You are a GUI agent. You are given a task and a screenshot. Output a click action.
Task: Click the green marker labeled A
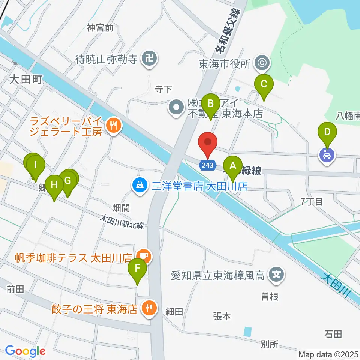[x=233, y=165]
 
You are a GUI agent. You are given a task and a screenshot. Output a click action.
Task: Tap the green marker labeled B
[x=211, y=102]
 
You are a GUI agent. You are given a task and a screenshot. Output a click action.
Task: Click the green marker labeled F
[x=137, y=268]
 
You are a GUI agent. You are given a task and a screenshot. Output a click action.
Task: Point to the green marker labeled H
[x=55, y=185]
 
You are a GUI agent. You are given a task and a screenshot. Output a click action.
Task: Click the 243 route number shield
[x=207, y=165]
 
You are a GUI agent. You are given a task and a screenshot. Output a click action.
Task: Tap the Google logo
[x=25, y=351]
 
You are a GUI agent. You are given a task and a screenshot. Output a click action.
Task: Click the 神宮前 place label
[x=100, y=28]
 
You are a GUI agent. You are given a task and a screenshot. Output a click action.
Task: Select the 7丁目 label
[x=312, y=202]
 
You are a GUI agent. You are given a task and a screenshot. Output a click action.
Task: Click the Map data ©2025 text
[x=328, y=354]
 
